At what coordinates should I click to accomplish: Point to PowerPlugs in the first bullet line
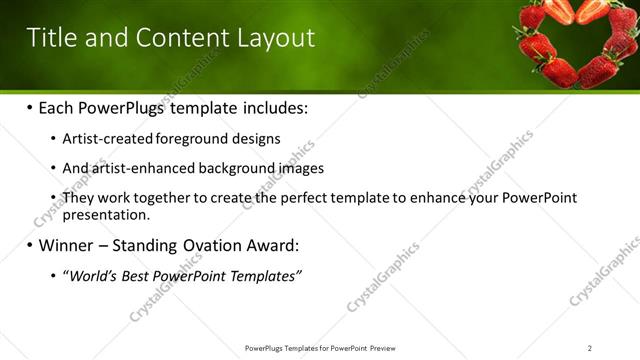click(127, 108)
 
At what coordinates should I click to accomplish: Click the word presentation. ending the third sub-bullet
click(106, 214)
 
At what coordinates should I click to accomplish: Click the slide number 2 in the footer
click(589, 348)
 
